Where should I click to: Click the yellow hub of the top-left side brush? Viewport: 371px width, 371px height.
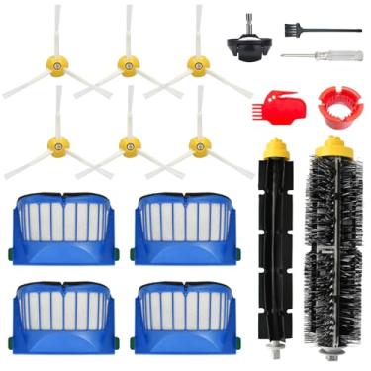[x=58, y=65]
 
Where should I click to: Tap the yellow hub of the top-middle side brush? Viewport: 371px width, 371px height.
[x=128, y=64]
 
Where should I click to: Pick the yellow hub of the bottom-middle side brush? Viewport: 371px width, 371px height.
[x=127, y=145]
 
